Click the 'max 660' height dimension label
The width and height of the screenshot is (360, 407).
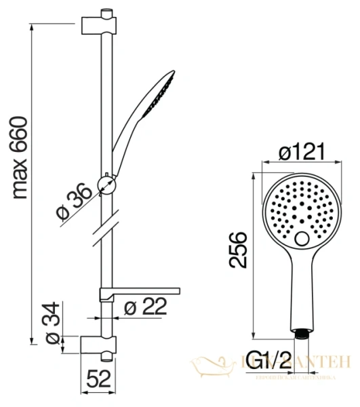[x=21, y=157]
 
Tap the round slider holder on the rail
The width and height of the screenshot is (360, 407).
[x=106, y=182]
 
